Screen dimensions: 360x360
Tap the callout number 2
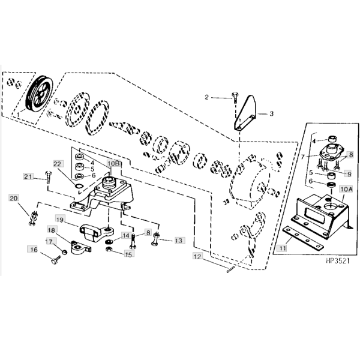pyautogui.click(x=208, y=97)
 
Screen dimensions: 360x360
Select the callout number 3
pyautogui.click(x=271, y=113)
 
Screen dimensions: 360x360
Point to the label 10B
pyautogui.click(x=114, y=163)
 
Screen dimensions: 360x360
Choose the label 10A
pyautogui.click(x=346, y=188)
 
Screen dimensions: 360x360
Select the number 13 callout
pyautogui.click(x=178, y=240)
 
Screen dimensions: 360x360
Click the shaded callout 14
pyautogui.click(x=126, y=236)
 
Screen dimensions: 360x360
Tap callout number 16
pyautogui.click(x=34, y=249)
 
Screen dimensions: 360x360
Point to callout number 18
pyautogui.click(x=52, y=230)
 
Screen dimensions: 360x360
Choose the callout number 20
pyautogui.click(x=14, y=199)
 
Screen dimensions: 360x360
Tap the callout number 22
pyautogui.click(x=58, y=164)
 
